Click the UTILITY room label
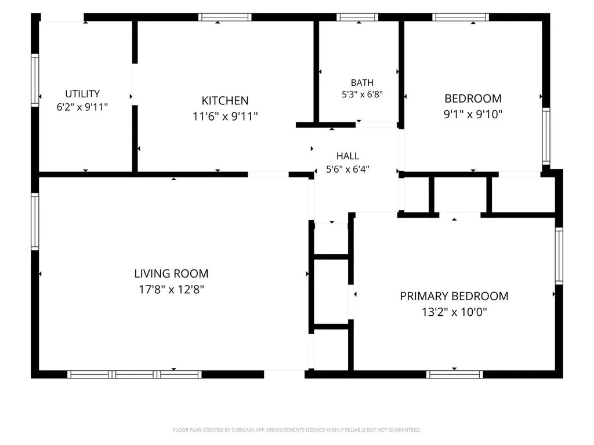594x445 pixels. tap(82, 93)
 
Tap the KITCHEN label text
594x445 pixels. tap(225, 101)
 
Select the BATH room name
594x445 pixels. tap(362, 82)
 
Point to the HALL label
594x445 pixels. tap(348, 156)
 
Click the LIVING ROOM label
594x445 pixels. tap(171, 273)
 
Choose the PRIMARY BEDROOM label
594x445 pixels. tap(454, 296)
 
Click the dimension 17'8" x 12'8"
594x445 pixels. tap(171, 290)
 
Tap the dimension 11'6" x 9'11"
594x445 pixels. tap(225, 116)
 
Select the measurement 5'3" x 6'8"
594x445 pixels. tap(362, 94)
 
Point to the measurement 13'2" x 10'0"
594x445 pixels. tap(454, 312)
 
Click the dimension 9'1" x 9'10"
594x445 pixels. tap(473, 114)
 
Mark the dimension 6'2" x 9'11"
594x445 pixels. tap(82, 107)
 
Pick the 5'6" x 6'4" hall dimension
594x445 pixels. tap(348, 169)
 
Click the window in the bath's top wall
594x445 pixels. tap(357, 17)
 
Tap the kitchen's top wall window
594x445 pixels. tap(225, 17)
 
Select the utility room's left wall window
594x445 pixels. tap(35, 80)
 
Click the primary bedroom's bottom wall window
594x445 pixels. tap(455, 374)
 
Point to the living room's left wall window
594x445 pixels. tap(35, 221)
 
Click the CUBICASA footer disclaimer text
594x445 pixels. tap(296, 430)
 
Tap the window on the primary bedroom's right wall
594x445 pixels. tap(559, 256)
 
